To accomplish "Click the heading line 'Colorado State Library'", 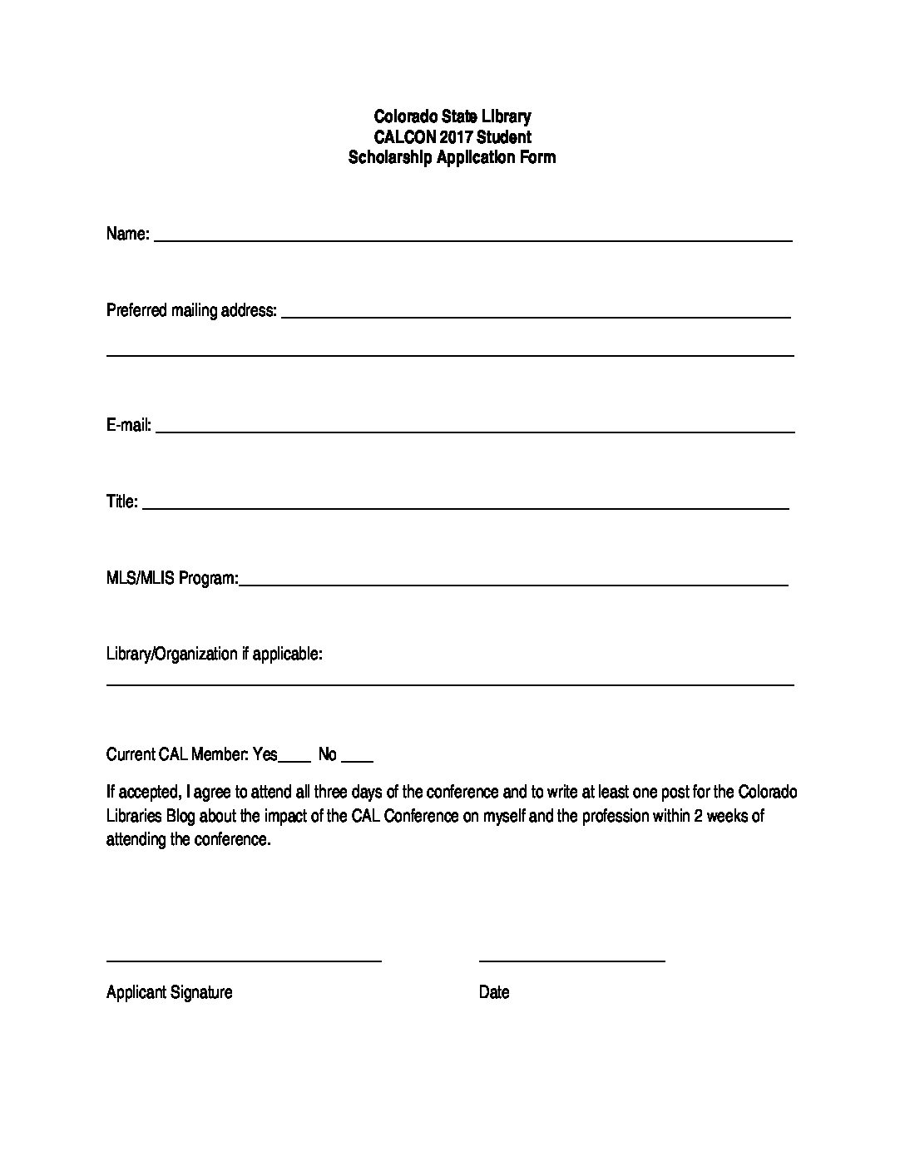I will (452, 116).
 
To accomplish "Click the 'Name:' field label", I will (127, 234).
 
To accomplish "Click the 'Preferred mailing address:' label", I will (191, 310).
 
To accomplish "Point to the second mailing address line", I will (449, 355).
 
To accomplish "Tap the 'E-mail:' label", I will (129, 426).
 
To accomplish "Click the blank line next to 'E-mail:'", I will (474, 431).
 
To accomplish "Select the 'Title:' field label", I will (122, 502).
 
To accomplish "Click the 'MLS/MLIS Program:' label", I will (172, 578).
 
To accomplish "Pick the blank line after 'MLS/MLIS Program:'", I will (513, 585).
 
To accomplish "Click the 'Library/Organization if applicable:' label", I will (215, 654).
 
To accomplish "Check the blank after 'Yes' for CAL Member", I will (294, 759).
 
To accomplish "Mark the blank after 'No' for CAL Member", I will (357, 759).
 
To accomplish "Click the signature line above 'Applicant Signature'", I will (244, 961).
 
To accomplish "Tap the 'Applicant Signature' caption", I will (170, 992).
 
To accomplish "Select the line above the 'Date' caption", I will (571, 961).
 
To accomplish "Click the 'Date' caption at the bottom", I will (494, 992).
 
